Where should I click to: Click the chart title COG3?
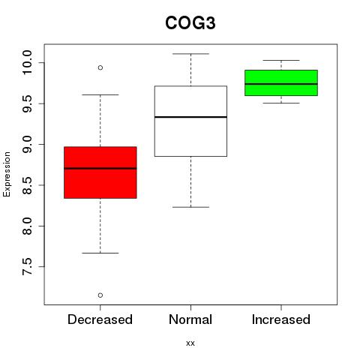pyautogui.click(x=190, y=23)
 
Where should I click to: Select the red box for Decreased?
pyautogui.click(x=100, y=172)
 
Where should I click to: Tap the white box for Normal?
pyautogui.click(x=190, y=121)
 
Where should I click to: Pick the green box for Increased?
pyautogui.click(x=281, y=82)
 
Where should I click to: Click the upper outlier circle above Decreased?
pyautogui.click(x=100, y=67)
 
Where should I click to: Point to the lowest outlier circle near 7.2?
pyautogui.click(x=100, y=295)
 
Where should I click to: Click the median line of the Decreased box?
pyautogui.click(x=100, y=168)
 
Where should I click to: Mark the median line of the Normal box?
pyautogui.click(x=190, y=117)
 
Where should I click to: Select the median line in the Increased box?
pyautogui.click(x=281, y=84)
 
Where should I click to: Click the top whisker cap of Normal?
pyautogui.click(x=190, y=54)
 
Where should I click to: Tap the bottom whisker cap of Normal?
pyautogui.click(x=190, y=207)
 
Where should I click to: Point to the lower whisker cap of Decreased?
pyautogui.click(x=100, y=253)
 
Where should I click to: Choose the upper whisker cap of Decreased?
pyautogui.click(x=100, y=94)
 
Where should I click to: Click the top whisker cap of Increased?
pyautogui.click(x=281, y=60)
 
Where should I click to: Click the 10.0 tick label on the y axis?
pyautogui.click(x=27, y=62)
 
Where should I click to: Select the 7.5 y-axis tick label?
pyautogui.click(x=27, y=267)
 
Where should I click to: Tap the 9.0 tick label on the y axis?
pyautogui.click(x=27, y=144)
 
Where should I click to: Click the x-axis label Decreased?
pyautogui.click(x=100, y=319)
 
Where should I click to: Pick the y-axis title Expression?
pyautogui.click(x=7, y=174)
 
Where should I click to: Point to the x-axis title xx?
pyautogui.click(x=190, y=343)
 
